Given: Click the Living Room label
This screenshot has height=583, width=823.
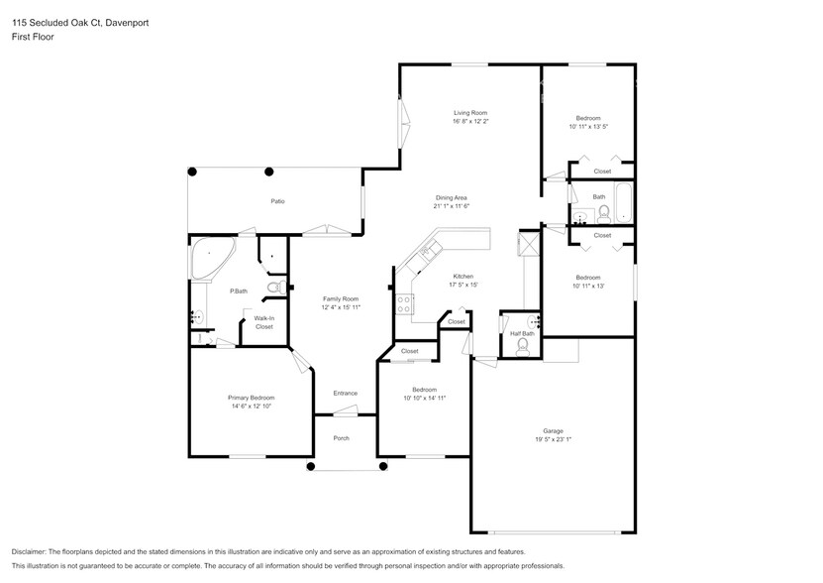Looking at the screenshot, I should tap(470, 113).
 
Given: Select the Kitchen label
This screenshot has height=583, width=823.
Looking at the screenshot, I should tap(463, 276).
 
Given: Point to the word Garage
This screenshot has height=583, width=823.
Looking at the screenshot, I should tap(553, 430).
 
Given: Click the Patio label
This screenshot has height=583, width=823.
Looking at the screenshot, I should tap(278, 201).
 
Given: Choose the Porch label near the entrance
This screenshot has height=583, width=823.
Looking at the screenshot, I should tap(341, 438).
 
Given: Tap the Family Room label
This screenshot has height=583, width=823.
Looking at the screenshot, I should tap(340, 298).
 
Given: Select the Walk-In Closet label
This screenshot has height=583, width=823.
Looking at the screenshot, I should tap(263, 321).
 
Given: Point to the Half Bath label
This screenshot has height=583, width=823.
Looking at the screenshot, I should tap(522, 333).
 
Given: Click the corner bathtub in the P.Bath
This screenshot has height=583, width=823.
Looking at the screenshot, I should tap(210, 257).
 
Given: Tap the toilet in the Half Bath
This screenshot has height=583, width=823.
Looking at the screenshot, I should tap(523, 349).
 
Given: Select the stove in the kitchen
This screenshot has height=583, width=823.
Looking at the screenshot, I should tap(404, 304).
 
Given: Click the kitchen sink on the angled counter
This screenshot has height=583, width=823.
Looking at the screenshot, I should tap(428, 251).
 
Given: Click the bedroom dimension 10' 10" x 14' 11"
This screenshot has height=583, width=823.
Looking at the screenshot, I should tap(424, 398).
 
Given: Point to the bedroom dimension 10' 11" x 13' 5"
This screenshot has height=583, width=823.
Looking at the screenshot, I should tap(587, 127).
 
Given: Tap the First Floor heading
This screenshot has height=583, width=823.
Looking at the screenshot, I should tap(33, 37).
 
